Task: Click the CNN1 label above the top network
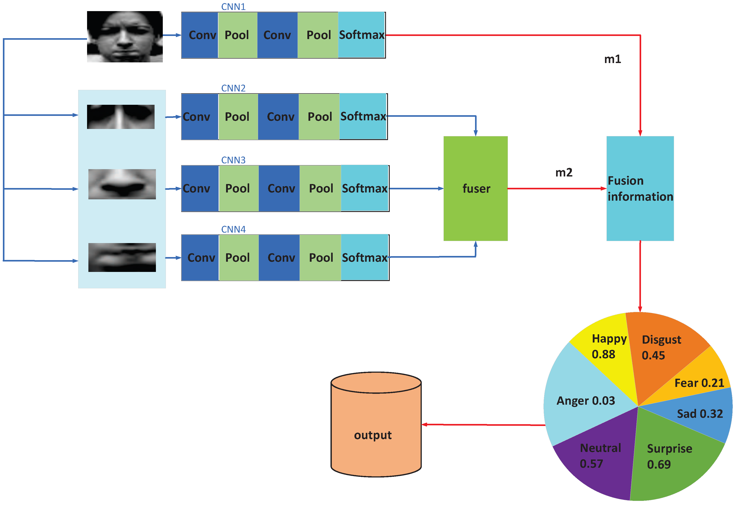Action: coord(233,7)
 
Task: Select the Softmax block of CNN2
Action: coord(363,117)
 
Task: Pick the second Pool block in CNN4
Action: coord(320,257)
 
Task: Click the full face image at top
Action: coord(125,36)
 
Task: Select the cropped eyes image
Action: coord(121,117)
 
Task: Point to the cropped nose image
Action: coord(122,184)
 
